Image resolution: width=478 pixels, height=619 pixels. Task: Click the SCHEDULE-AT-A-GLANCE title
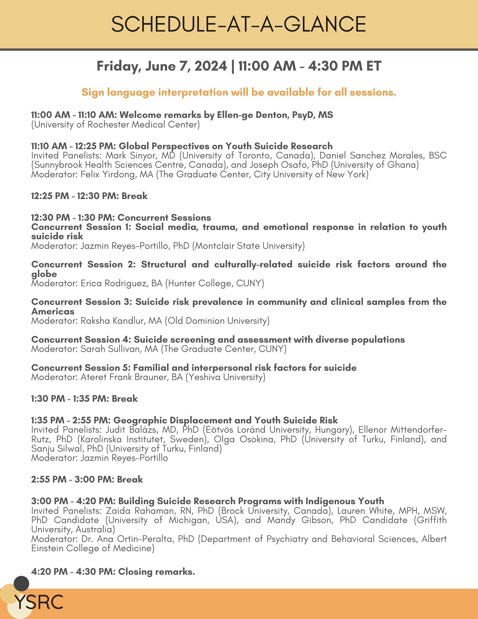pyautogui.click(x=239, y=24)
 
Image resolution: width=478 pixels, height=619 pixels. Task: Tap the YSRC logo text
pyautogui.click(x=39, y=602)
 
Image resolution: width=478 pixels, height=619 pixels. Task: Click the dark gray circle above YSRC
pyautogui.click(x=21, y=584)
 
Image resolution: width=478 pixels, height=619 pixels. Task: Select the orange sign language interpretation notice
pyautogui.click(x=239, y=92)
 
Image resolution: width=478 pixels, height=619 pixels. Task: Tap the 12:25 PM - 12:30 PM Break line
pyautogui.click(x=89, y=196)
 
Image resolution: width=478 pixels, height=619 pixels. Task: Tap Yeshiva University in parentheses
pyautogui.click(x=225, y=377)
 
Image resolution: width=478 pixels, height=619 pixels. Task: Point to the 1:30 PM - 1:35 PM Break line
pyautogui.click(x=84, y=399)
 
